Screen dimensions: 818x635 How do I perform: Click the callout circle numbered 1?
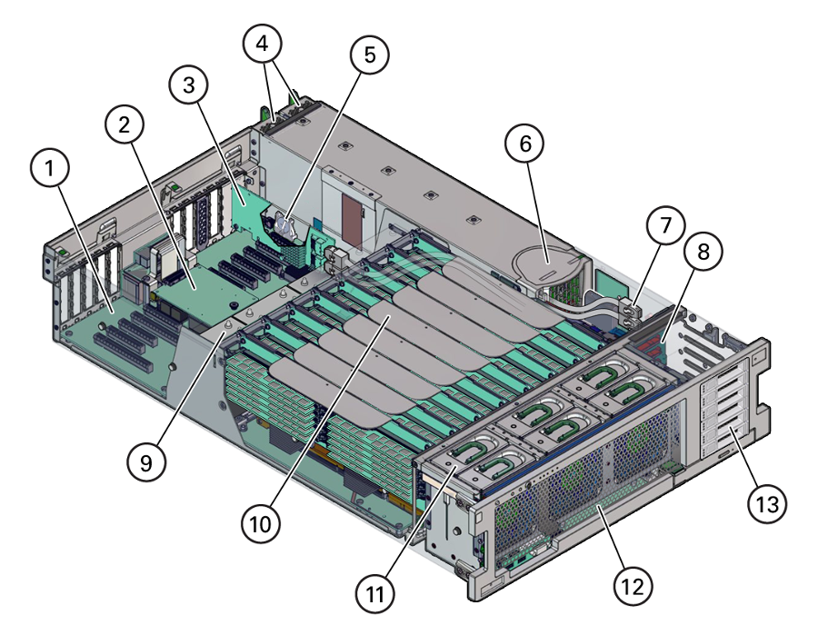pos(50,168)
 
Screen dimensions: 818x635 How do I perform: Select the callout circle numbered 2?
pos(125,124)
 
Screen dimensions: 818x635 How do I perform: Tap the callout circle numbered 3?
pos(189,85)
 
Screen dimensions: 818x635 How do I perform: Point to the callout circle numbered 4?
pos(263,44)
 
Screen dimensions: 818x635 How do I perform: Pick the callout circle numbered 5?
pos(369,55)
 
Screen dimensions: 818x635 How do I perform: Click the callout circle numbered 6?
pos(524,144)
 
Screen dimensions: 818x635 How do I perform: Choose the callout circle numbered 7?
pos(665,225)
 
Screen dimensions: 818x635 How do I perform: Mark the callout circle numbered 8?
pos(703,252)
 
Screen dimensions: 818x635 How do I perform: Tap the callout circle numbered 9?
pos(146,461)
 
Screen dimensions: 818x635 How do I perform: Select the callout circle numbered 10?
pos(261,523)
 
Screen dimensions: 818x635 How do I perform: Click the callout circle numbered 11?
pos(375,594)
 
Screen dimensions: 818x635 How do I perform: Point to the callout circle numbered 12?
pos(633,586)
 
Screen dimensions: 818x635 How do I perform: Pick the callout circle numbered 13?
pos(767,503)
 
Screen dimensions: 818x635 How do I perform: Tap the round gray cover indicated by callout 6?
pos(546,267)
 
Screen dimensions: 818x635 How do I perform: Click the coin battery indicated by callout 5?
pos(284,224)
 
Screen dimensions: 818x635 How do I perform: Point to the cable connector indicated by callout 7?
pos(632,310)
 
